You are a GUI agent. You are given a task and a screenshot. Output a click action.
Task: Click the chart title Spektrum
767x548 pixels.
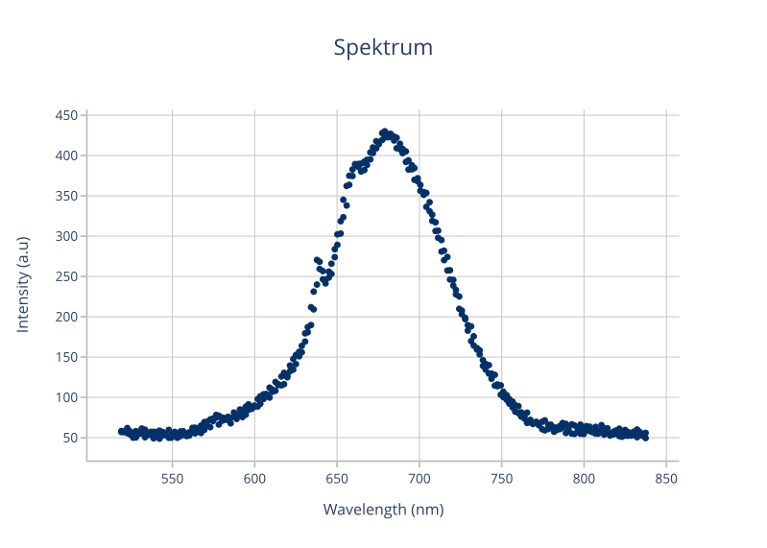point(383,47)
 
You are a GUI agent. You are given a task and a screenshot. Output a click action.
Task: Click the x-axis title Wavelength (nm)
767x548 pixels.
point(383,510)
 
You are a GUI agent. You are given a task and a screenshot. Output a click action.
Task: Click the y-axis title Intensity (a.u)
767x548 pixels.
point(23,284)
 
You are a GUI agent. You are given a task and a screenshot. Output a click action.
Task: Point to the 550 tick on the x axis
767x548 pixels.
point(172,477)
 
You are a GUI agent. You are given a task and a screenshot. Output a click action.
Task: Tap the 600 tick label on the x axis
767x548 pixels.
point(254,477)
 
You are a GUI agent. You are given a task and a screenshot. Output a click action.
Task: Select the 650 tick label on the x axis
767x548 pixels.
point(337,477)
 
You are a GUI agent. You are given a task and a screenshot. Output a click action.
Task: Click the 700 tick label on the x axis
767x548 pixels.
point(419,477)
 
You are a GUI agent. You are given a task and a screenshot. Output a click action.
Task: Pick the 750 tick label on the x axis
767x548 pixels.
point(502,477)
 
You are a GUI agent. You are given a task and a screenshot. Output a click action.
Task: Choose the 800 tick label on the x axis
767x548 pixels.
point(585,477)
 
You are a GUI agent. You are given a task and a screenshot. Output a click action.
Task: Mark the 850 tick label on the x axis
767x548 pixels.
point(667,477)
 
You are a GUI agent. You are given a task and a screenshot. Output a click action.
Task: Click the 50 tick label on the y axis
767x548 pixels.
point(69,438)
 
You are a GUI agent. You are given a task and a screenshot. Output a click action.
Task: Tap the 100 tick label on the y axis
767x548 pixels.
point(66,397)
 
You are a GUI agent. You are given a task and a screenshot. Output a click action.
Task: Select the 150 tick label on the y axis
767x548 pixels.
point(66,357)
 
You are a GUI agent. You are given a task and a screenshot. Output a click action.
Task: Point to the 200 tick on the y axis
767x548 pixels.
point(66,317)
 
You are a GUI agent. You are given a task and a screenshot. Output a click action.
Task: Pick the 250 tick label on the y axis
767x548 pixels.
point(66,276)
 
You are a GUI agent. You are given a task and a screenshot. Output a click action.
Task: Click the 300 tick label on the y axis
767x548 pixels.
point(66,236)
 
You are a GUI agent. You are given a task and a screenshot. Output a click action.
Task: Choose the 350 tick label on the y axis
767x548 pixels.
point(66,196)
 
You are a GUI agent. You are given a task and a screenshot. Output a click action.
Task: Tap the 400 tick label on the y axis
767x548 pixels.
point(66,155)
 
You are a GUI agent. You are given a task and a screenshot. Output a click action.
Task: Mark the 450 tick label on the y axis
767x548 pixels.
point(66,115)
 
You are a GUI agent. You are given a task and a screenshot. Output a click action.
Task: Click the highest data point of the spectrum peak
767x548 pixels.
point(384,131)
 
